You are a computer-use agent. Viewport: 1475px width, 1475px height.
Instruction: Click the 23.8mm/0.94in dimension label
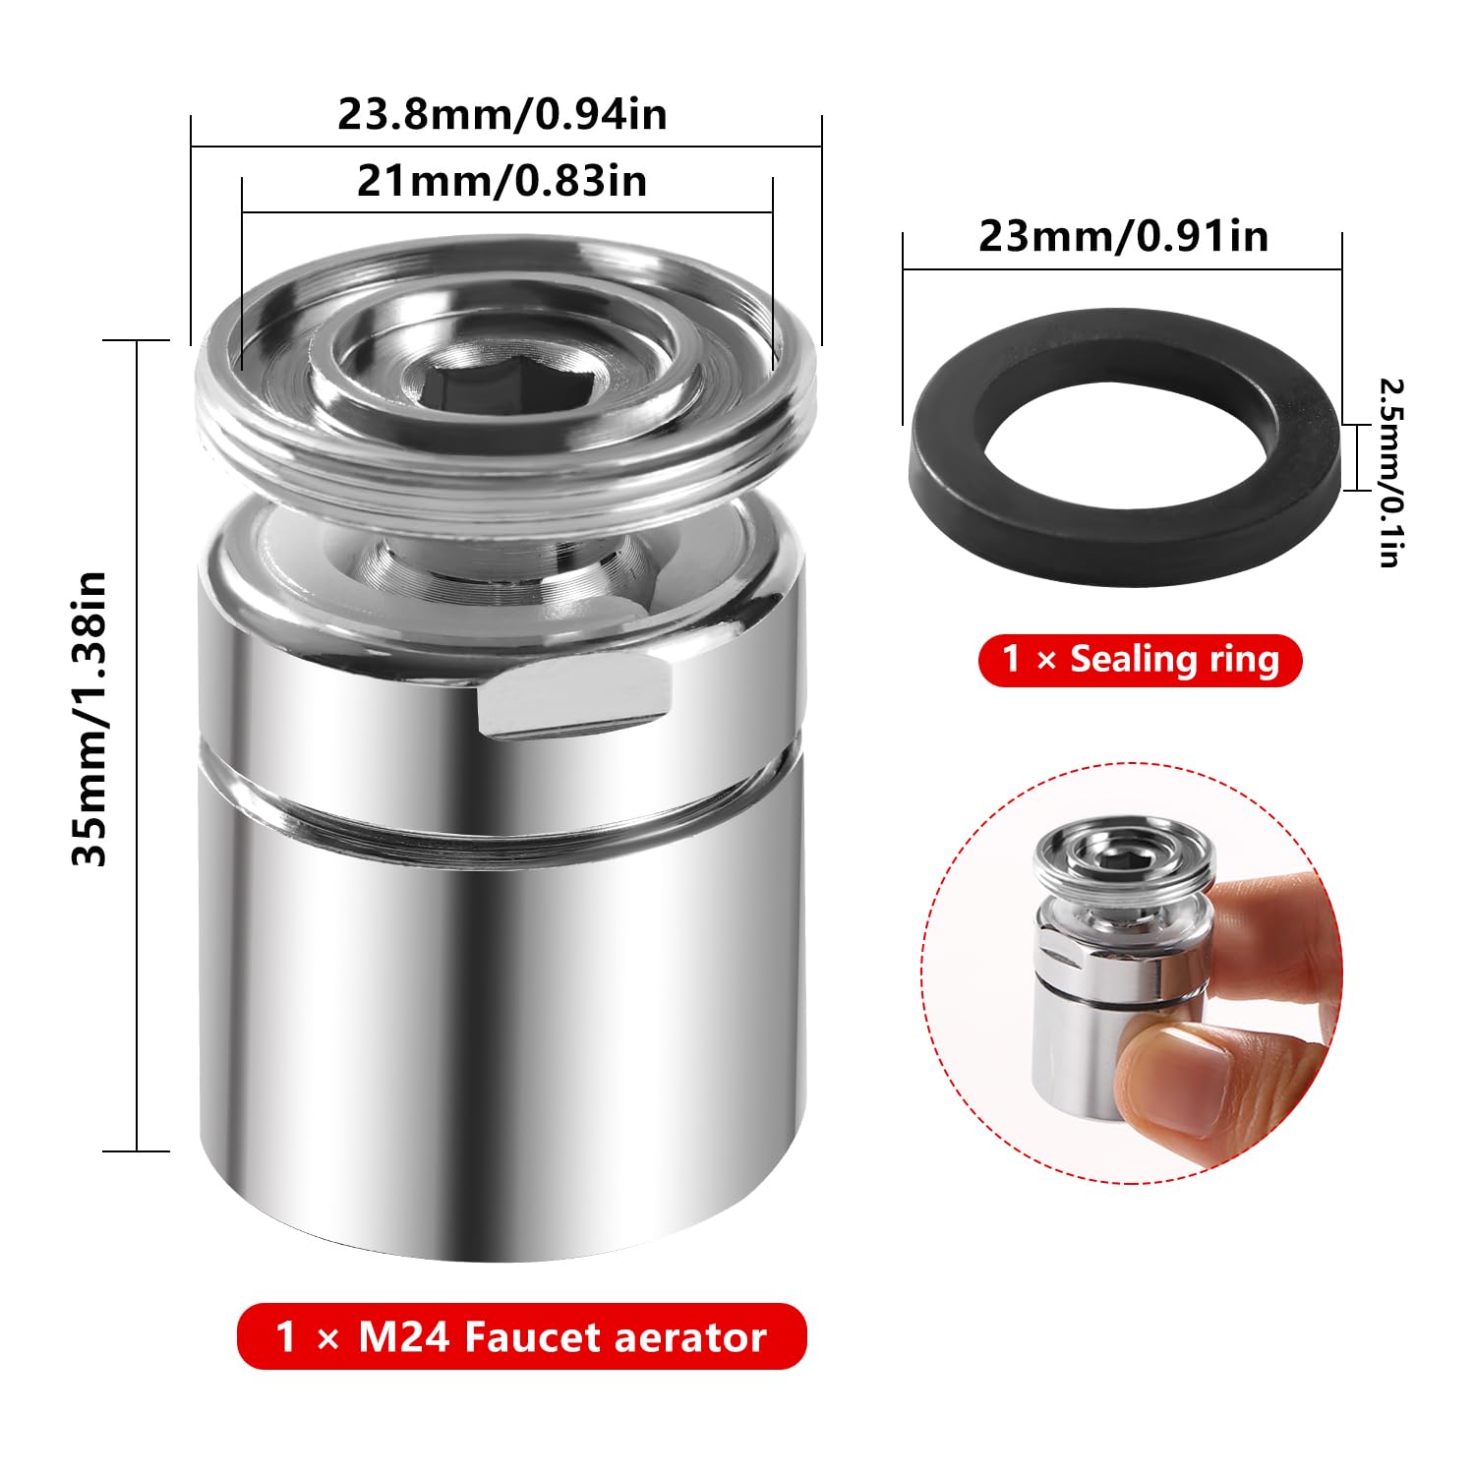point(502,114)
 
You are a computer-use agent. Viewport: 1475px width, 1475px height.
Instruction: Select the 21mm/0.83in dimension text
point(501,181)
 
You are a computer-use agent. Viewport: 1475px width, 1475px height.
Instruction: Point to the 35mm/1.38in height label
point(89,718)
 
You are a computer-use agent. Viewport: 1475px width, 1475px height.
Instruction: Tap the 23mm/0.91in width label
point(1123,237)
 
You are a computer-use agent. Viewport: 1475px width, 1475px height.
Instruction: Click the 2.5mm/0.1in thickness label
point(1389,473)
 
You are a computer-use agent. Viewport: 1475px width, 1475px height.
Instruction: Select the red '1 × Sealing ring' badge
point(1140,660)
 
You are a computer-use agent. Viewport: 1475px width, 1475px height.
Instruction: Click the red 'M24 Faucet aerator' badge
point(521,1336)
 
